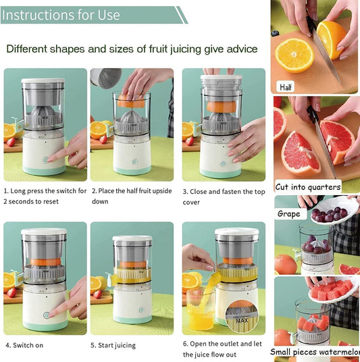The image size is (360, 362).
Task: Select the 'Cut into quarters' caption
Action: pyautogui.click(x=308, y=187)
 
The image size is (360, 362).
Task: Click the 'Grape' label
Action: pyautogui.click(x=289, y=214)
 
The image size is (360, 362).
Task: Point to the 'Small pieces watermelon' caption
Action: pyautogui.click(x=315, y=352)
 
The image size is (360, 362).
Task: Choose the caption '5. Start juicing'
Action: pyautogui.click(x=113, y=345)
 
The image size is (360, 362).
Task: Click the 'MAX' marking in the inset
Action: pyautogui.click(x=241, y=320)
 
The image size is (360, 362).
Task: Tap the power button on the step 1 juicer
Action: pyautogui.click(x=45, y=161)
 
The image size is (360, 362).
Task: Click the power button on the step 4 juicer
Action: pyautogui.click(x=47, y=315)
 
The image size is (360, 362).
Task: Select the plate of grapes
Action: pyautogui.click(x=329, y=214)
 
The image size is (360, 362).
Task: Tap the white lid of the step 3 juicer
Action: pyautogui.click(x=221, y=80)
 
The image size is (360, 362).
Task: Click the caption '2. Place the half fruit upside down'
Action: pyautogui.click(x=132, y=196)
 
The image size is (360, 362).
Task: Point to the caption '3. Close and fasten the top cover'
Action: pyautogui.click(x=224, y=197)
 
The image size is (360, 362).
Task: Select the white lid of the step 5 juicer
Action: pyautogui.click(x=132, y=240)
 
